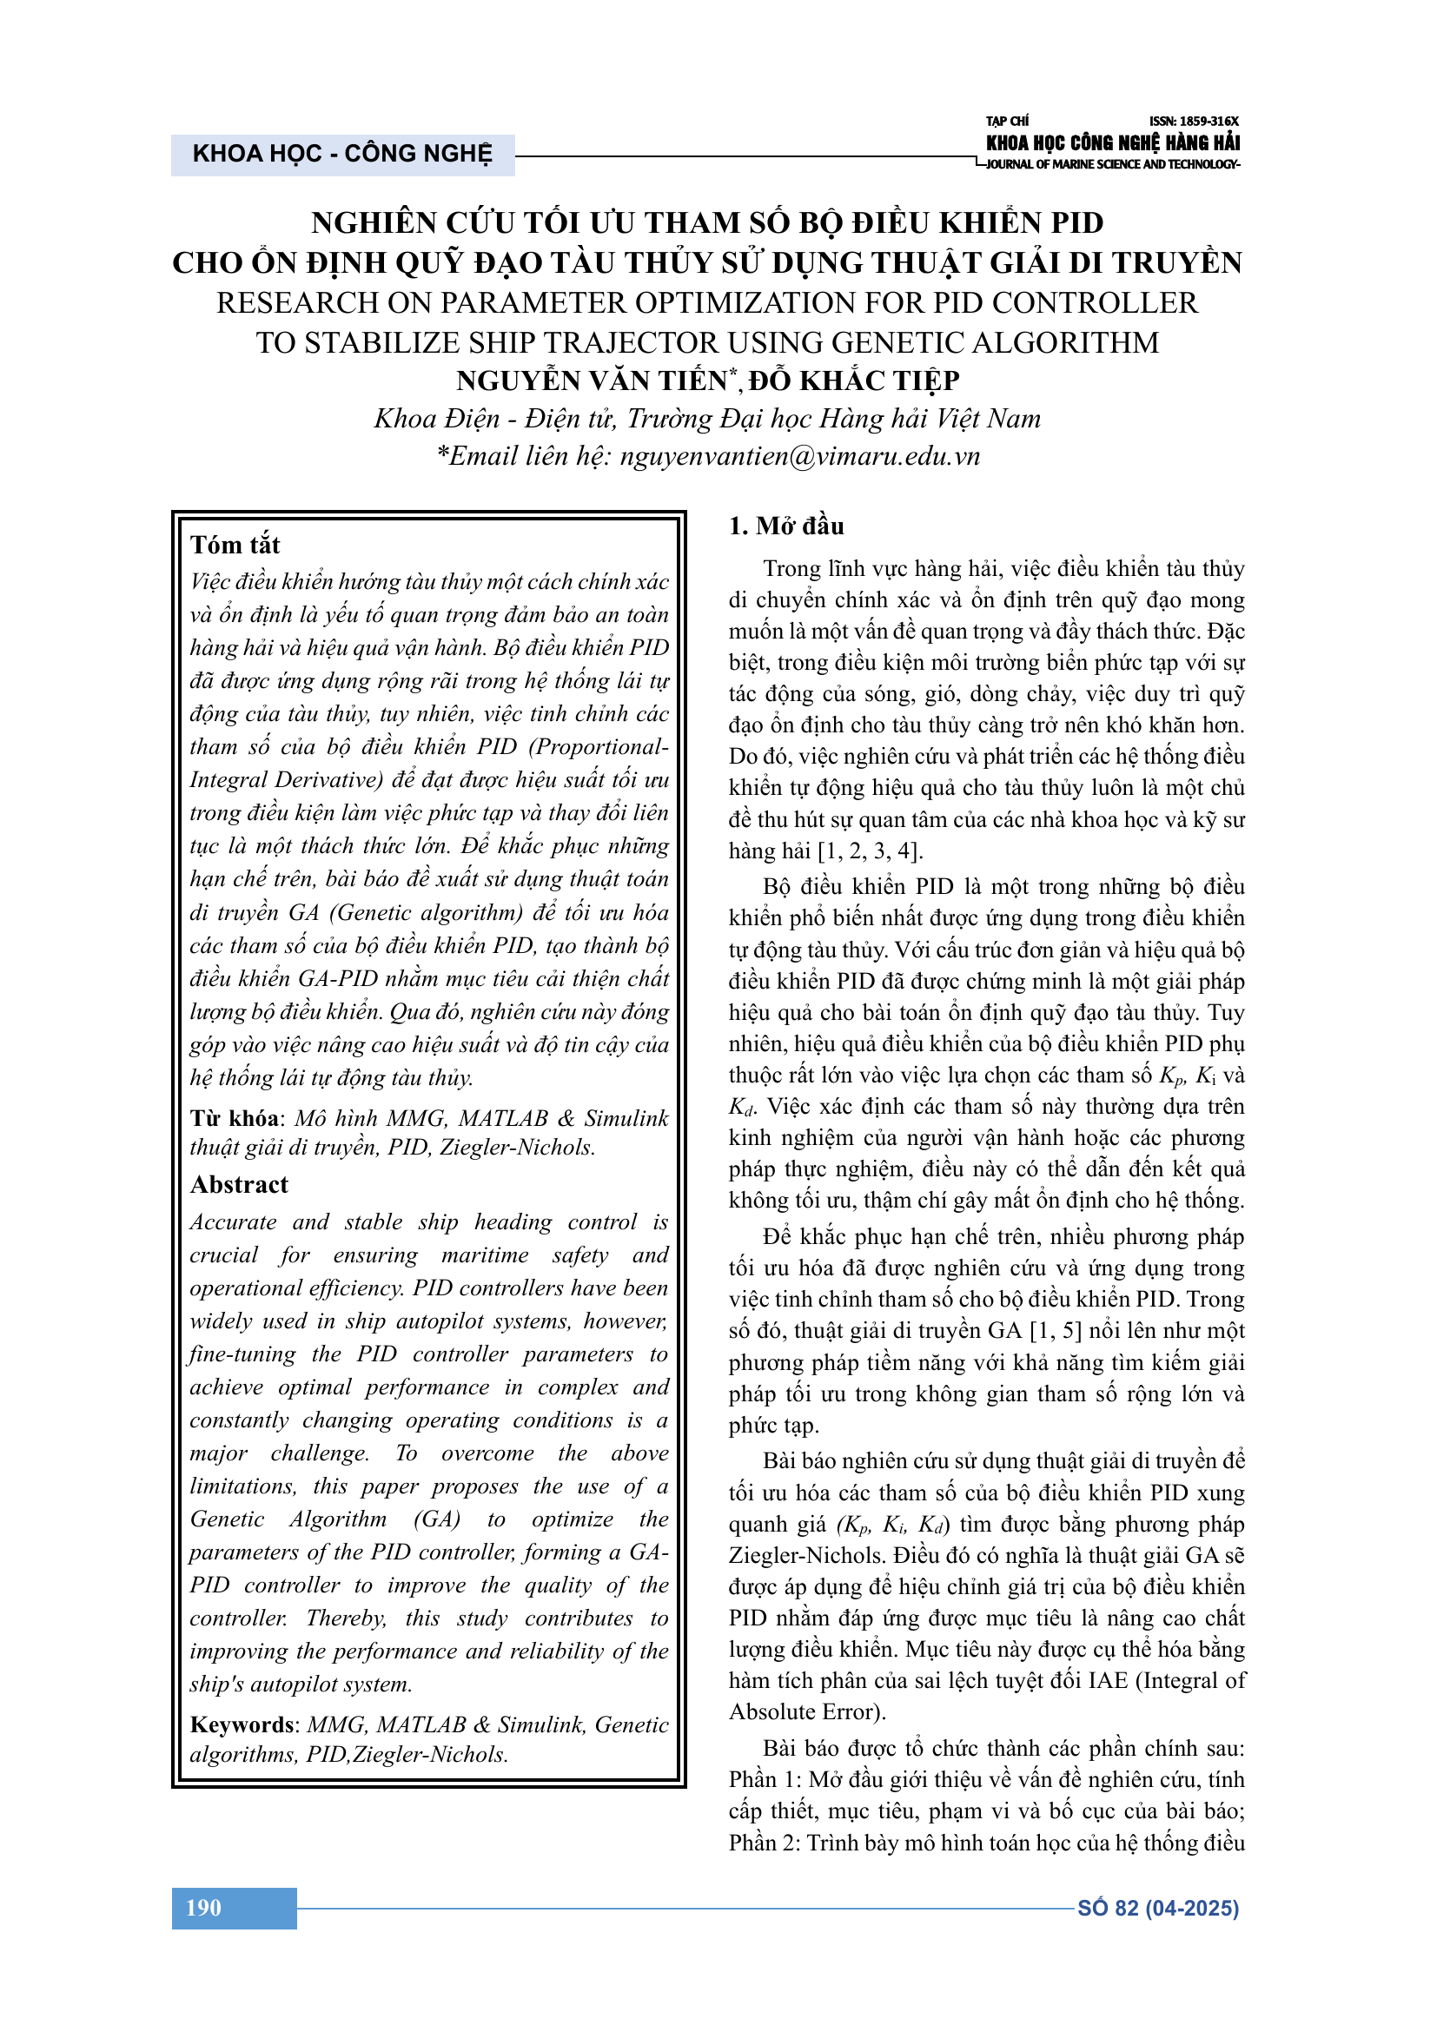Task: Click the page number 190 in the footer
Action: pos(203,1908)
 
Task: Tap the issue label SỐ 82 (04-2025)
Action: pos(1157,1908)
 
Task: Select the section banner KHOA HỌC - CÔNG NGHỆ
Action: pos(342,154)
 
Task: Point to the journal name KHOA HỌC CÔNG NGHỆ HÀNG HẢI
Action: pos(1112,143)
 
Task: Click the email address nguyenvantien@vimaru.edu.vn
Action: pos(800,456)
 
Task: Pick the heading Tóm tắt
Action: pos(235,545)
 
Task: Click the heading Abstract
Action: pos(239,1184)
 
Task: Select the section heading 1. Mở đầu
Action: pos(785,526)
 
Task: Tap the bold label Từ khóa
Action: pos(234,1118)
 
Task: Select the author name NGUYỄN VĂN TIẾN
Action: pos(592,381)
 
